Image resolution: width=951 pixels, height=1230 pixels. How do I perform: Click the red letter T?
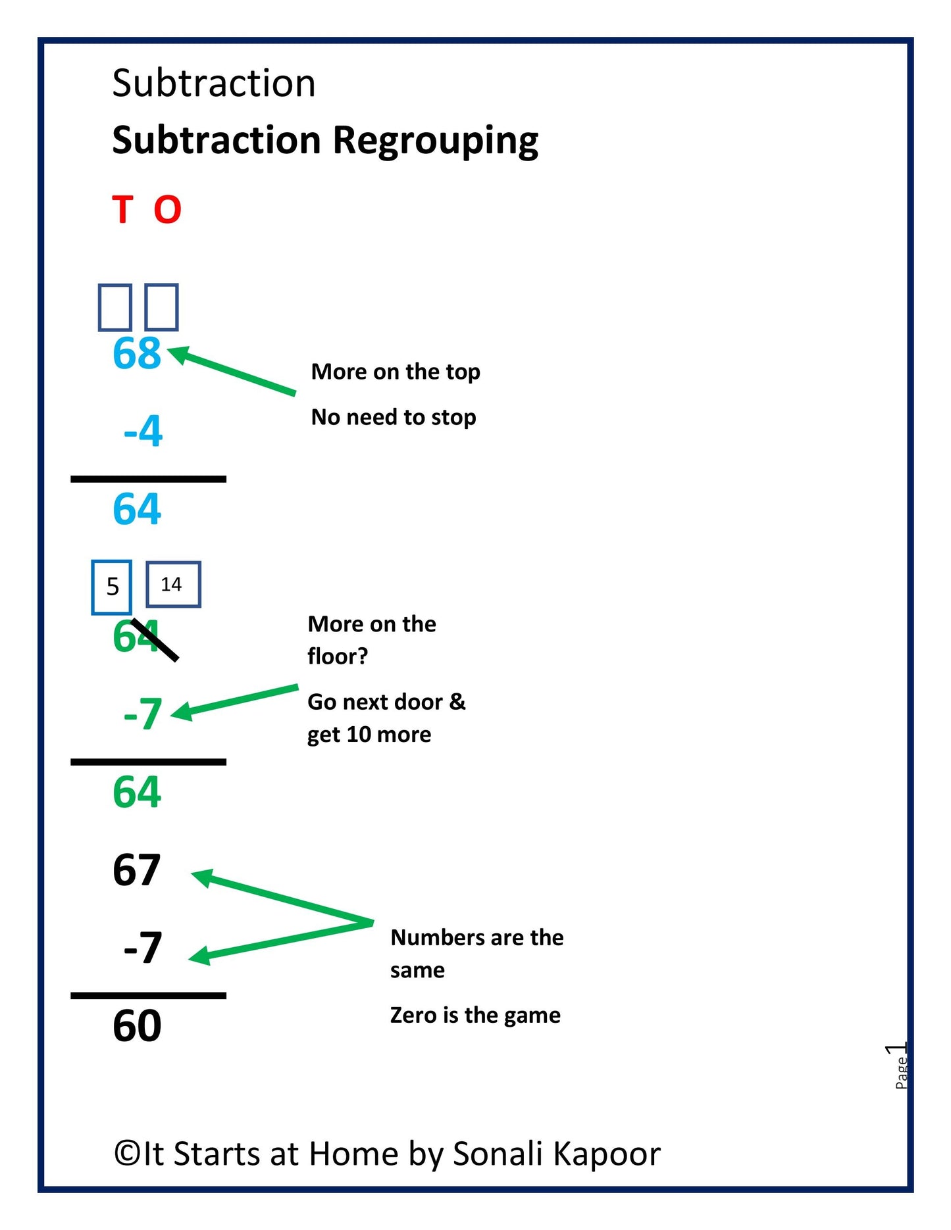(123, 210)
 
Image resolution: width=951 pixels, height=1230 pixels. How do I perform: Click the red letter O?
(167, 210)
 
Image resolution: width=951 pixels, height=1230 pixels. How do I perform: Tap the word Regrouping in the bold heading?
(435, 141)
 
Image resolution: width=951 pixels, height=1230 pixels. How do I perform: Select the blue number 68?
(137, 353)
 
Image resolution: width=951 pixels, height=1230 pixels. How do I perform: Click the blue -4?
(143, 431)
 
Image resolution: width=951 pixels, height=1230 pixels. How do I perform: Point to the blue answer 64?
(137, 508)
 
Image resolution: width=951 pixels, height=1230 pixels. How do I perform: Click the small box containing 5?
(112, 587)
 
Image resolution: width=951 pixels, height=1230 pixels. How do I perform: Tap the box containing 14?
(172, 584)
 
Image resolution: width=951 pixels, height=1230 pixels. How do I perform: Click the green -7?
(143, 714)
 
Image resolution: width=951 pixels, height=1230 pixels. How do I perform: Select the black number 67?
(137, 870)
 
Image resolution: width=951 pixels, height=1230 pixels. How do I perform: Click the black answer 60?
(137, 1025)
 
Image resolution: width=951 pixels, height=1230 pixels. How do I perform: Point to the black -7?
(143, 948)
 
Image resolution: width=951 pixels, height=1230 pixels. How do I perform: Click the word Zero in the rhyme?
(413, 1015)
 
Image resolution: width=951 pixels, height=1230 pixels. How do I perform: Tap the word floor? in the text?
(338, 656)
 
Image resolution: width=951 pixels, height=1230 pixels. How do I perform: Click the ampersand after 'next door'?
(457, 702)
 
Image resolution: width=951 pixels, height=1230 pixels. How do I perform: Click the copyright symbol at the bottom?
(126, 1154)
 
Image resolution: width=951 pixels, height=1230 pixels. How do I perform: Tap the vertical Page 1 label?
(901, 1066)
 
